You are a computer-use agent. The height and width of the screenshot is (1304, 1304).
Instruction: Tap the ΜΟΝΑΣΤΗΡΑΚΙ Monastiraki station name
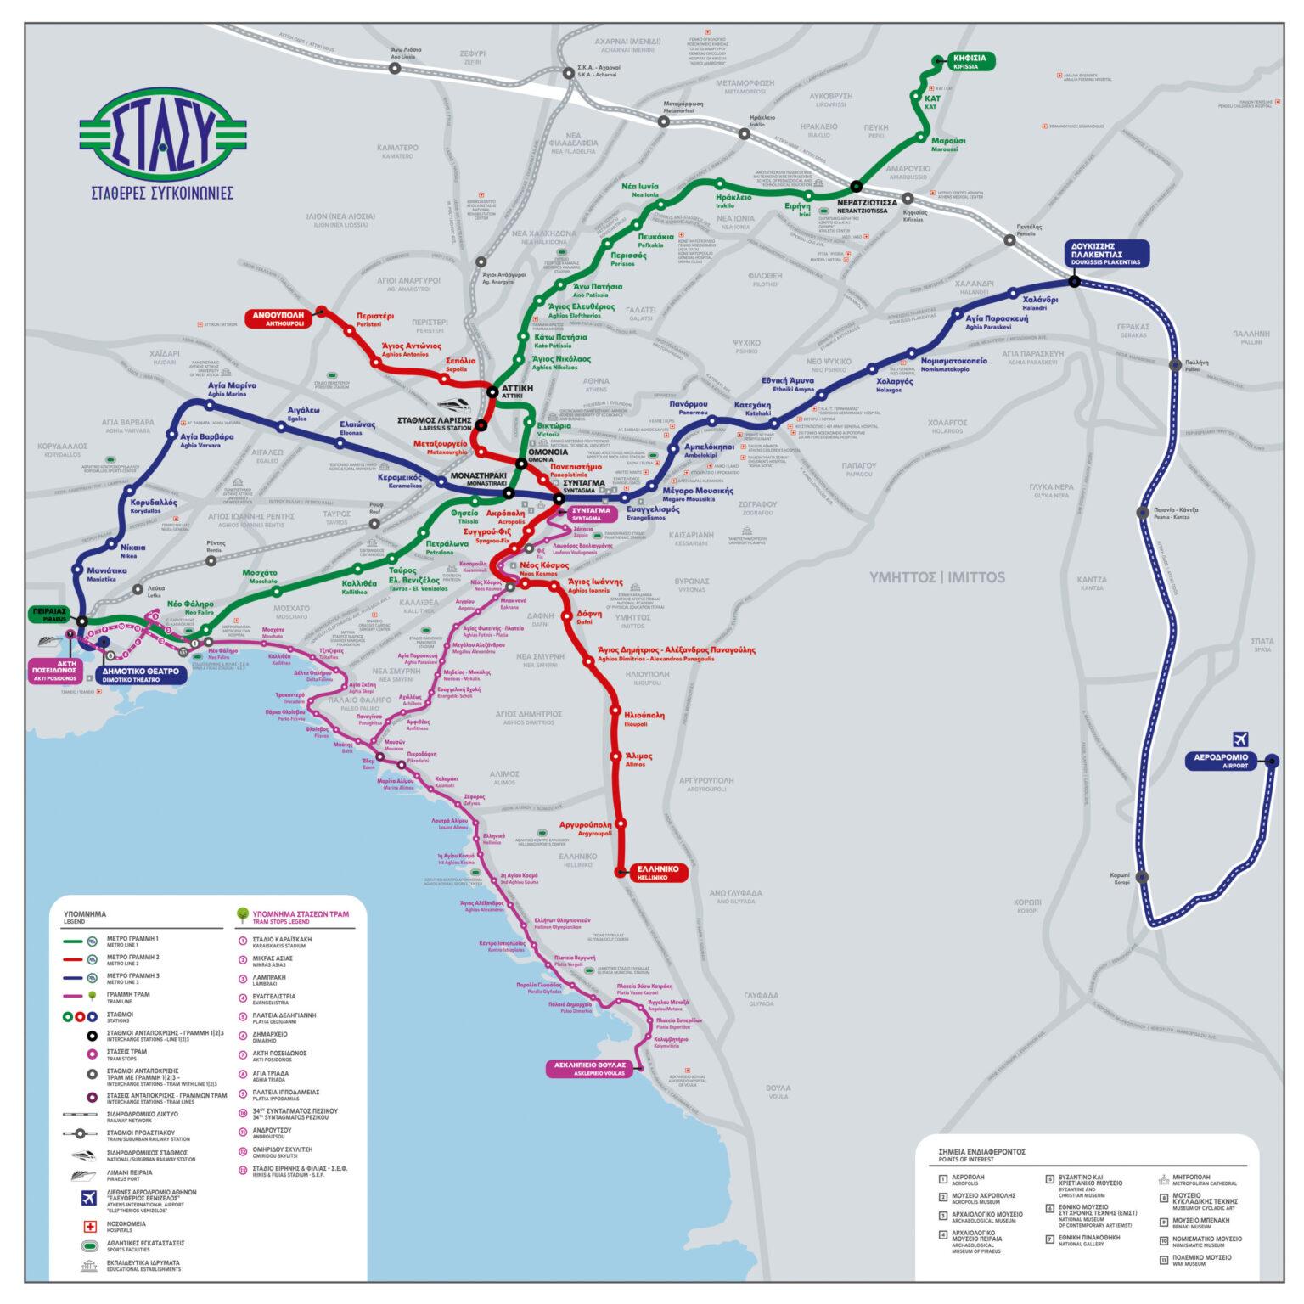pyautogui.click(x=478, y=478)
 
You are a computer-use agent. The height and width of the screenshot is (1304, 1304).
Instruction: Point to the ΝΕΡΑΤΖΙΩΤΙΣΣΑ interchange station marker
pyautogui.click(x=856, y=186)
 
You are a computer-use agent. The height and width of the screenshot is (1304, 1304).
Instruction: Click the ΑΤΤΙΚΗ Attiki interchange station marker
pyautogui.click(x=492, y=391)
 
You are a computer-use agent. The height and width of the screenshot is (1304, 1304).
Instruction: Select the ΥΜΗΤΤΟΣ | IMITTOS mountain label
pyautogui.click(x=936, y=577)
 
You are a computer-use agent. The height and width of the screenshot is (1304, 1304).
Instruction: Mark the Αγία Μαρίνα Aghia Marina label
pyautogui.click(x=232, y=388)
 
